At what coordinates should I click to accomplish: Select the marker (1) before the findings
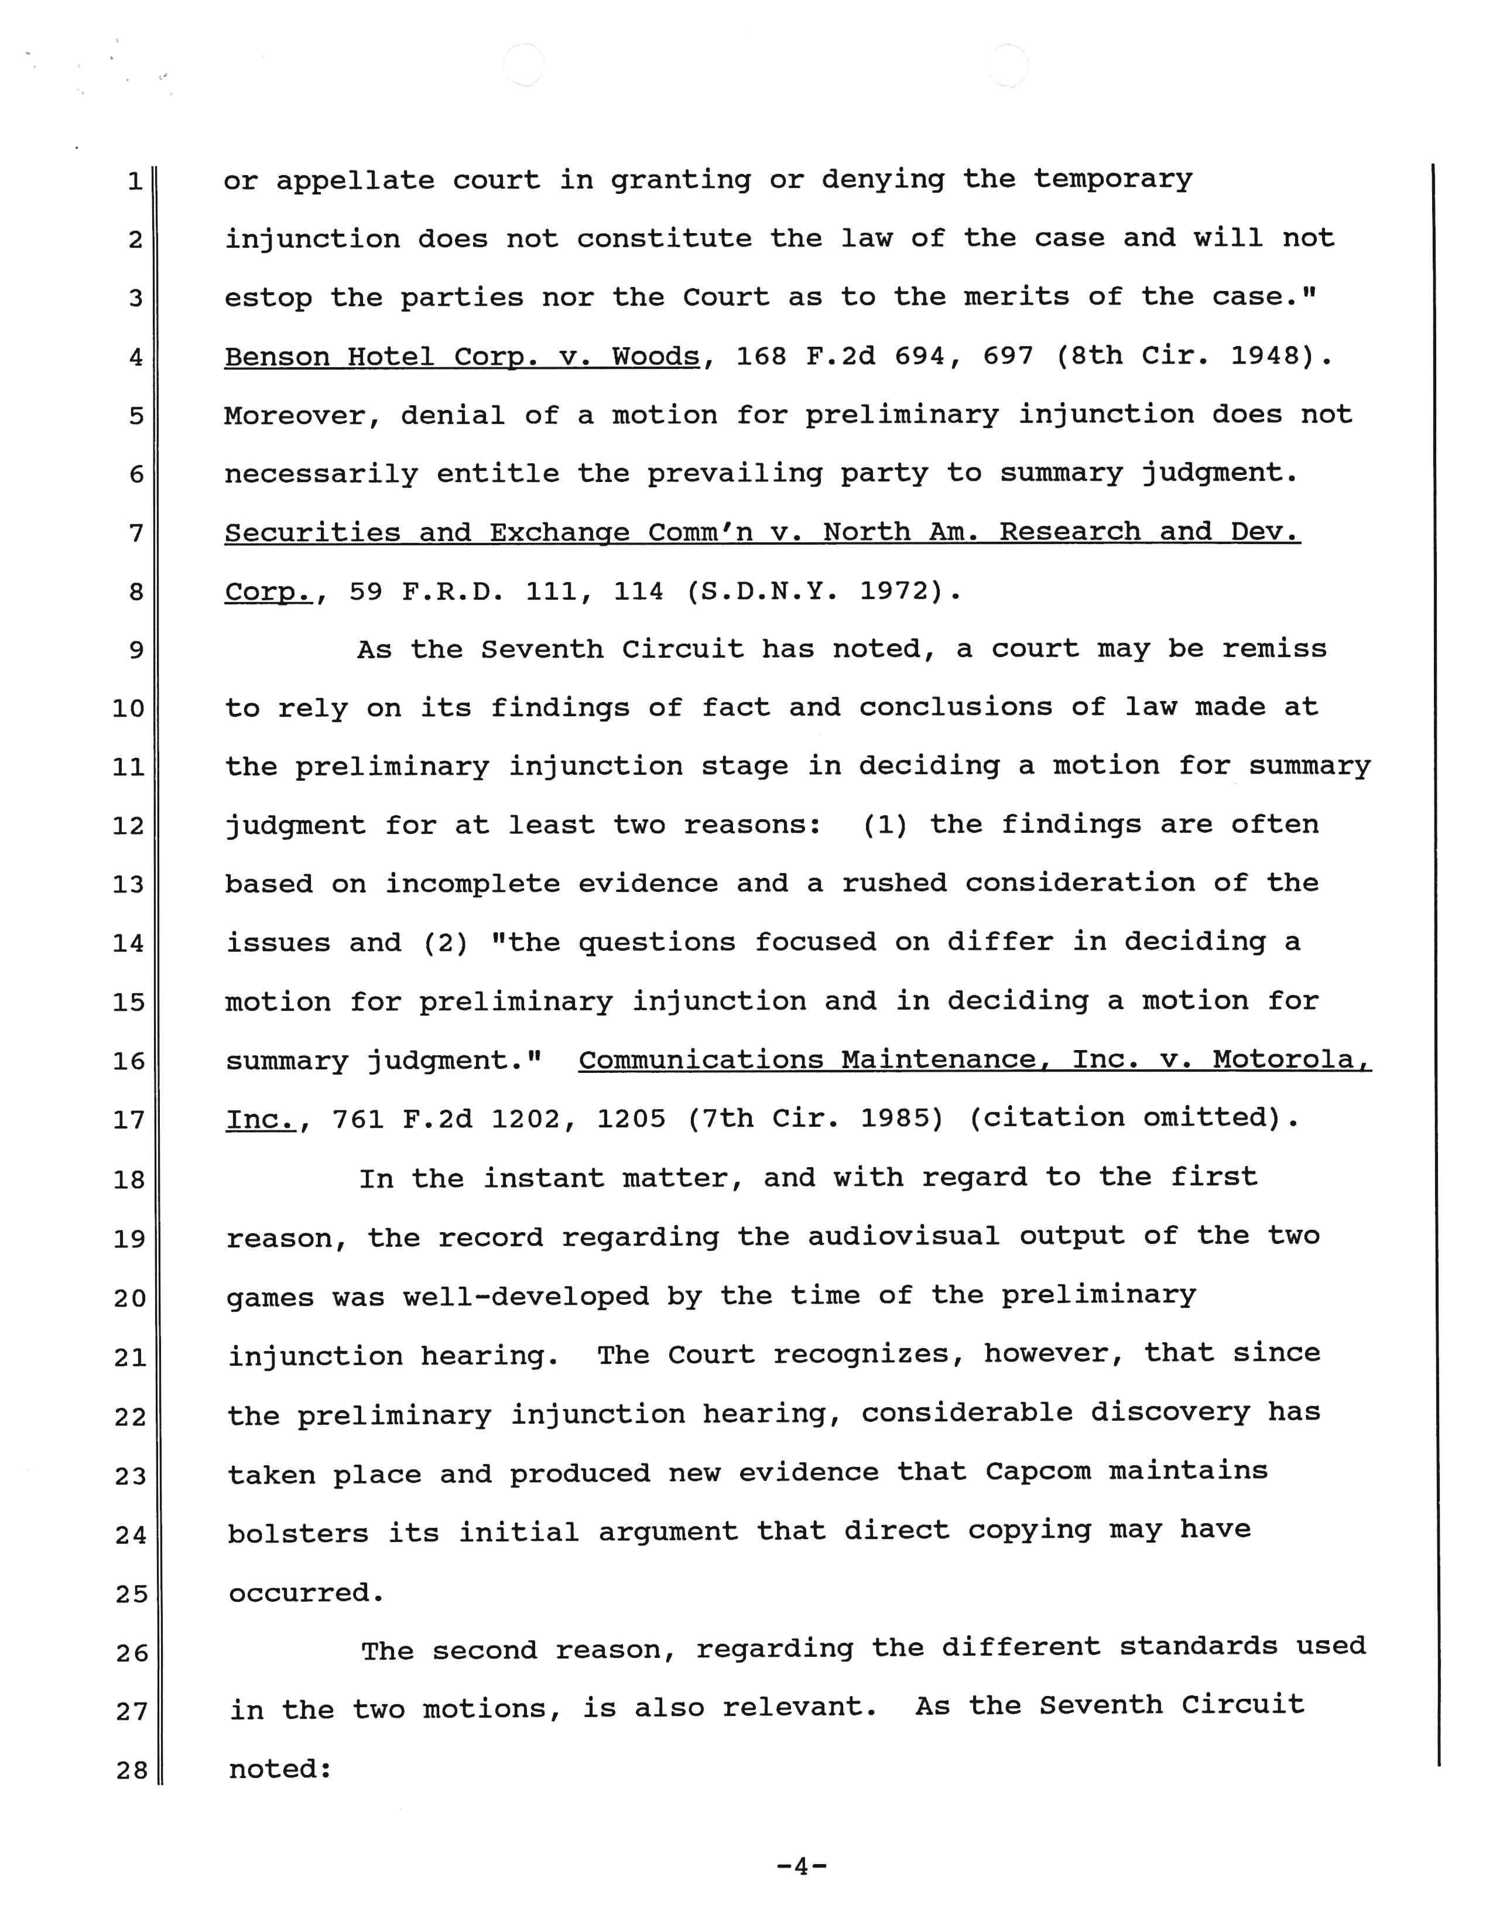click(x=885, y=825)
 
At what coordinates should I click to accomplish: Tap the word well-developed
click(x=525, y=1297)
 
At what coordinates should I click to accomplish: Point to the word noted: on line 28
click(x=280, y=1769)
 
